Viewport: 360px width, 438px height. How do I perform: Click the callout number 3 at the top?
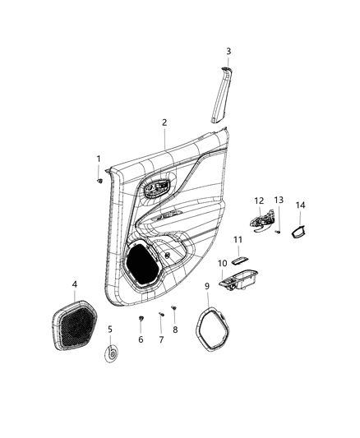pos(228,52)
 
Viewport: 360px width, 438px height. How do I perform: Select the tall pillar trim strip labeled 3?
pos(222,95)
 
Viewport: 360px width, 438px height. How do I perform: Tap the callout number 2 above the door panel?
pos(164,122)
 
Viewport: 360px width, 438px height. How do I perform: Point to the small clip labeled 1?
pos(99,181)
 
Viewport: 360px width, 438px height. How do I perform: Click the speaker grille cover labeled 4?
pos(74,325)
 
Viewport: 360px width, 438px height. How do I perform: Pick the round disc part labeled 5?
pos(112,354)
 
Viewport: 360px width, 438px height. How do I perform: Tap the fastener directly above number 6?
pos(141,318)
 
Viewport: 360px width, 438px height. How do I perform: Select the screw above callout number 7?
pos(161,314)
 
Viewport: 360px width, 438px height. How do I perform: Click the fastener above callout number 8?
pos(173,307)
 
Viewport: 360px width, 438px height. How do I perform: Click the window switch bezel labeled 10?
pos(238,280)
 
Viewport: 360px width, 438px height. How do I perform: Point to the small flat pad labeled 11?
pos(239,260)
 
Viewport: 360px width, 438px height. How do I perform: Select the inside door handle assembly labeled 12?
pos(261,221)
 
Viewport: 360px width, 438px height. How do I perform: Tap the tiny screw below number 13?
pos(278,232)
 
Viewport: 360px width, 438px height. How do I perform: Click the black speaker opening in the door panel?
pos(142,265)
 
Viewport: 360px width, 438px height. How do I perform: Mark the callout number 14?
pos(301,205)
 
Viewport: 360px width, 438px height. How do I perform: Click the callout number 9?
pos(207,287)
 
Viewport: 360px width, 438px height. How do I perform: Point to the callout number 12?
pos(259,201)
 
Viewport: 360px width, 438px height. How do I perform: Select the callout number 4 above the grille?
pos(74,284)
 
